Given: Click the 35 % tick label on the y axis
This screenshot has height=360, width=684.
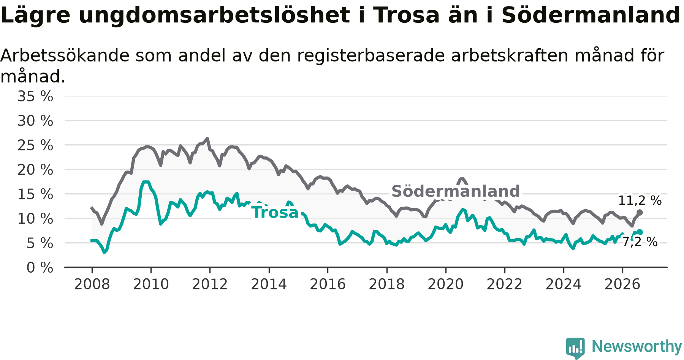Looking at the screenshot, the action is click(35, 96).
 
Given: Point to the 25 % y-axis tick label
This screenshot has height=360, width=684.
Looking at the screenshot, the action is click(35, 145).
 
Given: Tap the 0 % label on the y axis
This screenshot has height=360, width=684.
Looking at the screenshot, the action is click(40, 268).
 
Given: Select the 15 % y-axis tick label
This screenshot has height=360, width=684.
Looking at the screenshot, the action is click(35, 194).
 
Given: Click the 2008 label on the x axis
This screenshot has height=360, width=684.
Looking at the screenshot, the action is click(92, 284).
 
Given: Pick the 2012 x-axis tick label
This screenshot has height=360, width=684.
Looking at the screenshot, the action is click(210, 284).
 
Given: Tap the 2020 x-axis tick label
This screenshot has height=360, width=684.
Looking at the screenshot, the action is click(446, 284).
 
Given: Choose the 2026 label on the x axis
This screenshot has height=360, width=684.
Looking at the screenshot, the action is click(622, 284).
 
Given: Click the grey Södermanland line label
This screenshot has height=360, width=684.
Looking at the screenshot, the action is click(456, 191).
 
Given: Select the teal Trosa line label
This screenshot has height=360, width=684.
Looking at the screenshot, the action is click(275, 213).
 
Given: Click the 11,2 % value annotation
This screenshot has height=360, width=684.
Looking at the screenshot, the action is click(640, 201).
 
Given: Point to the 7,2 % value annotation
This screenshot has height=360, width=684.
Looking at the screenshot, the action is click(640, 242).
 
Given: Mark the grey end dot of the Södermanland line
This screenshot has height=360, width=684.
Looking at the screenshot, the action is click(640, 212).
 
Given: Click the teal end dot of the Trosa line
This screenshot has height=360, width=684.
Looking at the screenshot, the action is click(640, 232).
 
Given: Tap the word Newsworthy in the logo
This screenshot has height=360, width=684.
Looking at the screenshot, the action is click(637, 346).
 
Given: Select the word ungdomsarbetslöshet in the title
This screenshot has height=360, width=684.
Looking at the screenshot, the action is click(214, 16).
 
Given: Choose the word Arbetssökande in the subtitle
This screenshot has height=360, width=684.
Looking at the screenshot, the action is click(65, 56).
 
